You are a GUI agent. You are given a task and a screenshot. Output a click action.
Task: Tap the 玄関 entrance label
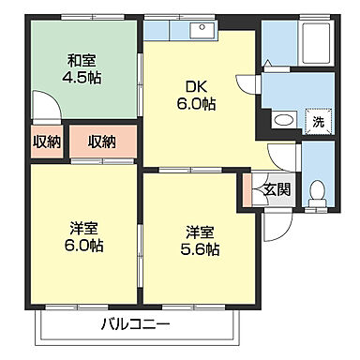[277, 188]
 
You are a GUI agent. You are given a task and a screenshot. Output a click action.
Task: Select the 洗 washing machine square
[318, 121]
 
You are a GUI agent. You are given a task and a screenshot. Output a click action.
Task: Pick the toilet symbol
[316, 190]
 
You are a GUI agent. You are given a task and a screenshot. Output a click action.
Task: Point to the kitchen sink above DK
[199, 29]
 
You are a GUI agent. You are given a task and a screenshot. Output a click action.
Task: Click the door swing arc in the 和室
[44, 106]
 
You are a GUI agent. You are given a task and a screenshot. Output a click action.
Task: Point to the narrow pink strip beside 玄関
[247, 189]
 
